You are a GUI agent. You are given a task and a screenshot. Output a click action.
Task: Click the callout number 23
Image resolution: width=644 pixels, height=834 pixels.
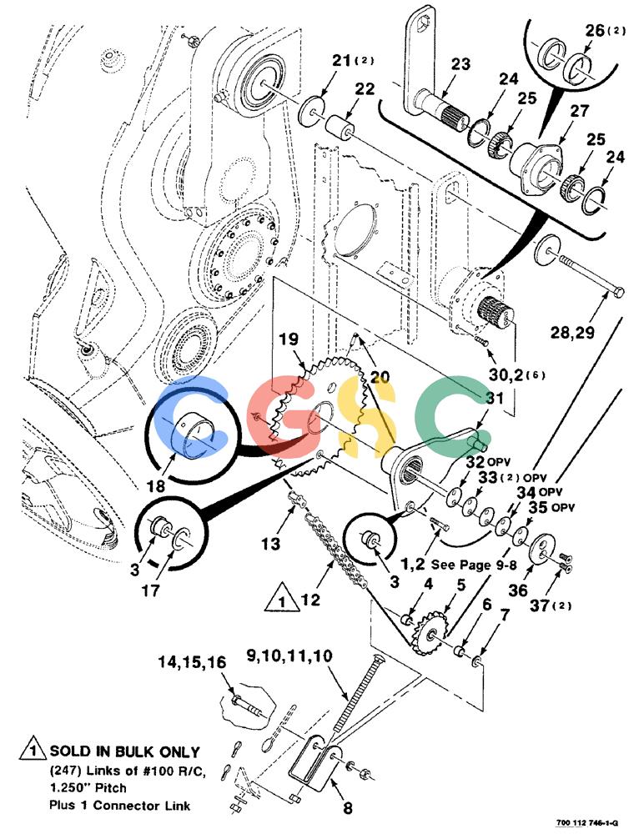pyautogui.click(x=461, y=64)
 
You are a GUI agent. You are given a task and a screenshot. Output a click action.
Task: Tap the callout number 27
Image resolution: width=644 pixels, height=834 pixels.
pyautogui.click(x=580, y=111)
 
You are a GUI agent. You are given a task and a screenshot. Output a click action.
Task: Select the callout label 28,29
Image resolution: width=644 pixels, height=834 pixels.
pyautogui.click(x=572, y=333)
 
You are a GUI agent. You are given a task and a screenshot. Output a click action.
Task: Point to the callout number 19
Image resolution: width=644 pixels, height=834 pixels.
pyautogui.click(x=289, y=339)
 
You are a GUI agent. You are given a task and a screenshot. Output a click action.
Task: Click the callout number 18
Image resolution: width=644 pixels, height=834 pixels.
pyautogui.click(x=156, y=485)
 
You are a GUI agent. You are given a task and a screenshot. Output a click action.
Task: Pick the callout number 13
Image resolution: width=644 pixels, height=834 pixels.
pyautogui.click(x=270, y=544)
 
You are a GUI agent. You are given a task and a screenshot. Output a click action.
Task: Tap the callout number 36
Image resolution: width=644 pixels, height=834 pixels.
pyautogui.click(x=518, y=590)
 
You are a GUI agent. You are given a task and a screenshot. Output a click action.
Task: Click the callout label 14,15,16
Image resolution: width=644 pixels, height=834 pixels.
pyautogui.click(x=192, y=662)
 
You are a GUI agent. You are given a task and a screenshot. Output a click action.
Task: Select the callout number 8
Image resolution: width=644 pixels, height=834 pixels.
pyautogui.click(x=348, y=808)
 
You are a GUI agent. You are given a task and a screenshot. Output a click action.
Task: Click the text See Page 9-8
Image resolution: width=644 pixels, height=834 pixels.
pyautogui.click(x=474, y=565)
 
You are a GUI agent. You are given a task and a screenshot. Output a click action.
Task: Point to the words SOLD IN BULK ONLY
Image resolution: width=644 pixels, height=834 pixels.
pyautogui.click(x=124, y=751)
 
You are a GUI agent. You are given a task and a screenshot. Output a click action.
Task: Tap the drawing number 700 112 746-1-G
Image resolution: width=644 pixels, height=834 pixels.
pyautogui.click(x=587, y=823)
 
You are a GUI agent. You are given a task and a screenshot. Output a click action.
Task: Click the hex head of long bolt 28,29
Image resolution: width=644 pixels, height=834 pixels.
pyautogui.click(x=619, y=292)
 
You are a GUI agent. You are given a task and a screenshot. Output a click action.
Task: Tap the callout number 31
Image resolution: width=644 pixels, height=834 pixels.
pyautogui.click(x=495, y=398)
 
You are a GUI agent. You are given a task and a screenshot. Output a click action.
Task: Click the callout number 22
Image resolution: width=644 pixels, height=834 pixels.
pyautogui.click(x=365, y=89)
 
